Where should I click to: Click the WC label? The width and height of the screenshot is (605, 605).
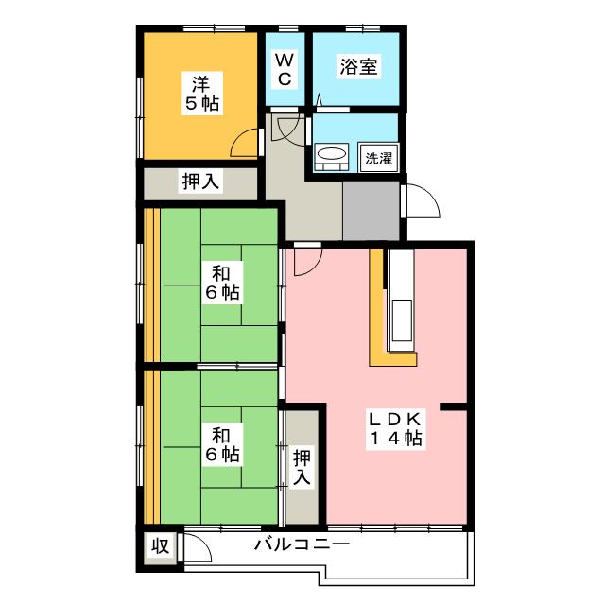tap(284, 68)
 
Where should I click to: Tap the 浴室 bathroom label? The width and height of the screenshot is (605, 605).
tap(358, 68)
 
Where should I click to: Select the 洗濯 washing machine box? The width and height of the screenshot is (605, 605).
tap(378, 158)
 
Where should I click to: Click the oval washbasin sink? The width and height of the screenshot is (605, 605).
tap(331, 154)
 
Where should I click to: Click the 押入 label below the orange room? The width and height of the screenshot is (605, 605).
tap(199, 181)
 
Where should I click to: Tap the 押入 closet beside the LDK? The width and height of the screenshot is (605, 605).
tap(302, 468)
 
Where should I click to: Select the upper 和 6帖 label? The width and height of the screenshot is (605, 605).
tap(223, 283)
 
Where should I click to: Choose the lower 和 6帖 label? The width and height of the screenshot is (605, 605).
tap(223, 444)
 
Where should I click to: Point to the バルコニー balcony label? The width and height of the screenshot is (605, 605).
tap(302, 545)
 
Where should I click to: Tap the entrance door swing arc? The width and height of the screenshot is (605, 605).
tap(421, 200)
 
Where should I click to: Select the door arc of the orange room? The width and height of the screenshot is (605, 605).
tap(246, 142)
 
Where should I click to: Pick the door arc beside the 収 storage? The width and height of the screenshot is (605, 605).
tap(197, 548)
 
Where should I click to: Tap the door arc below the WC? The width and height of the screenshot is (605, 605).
tap(285, 130)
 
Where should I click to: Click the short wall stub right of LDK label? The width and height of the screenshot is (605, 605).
tap(454, 407)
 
